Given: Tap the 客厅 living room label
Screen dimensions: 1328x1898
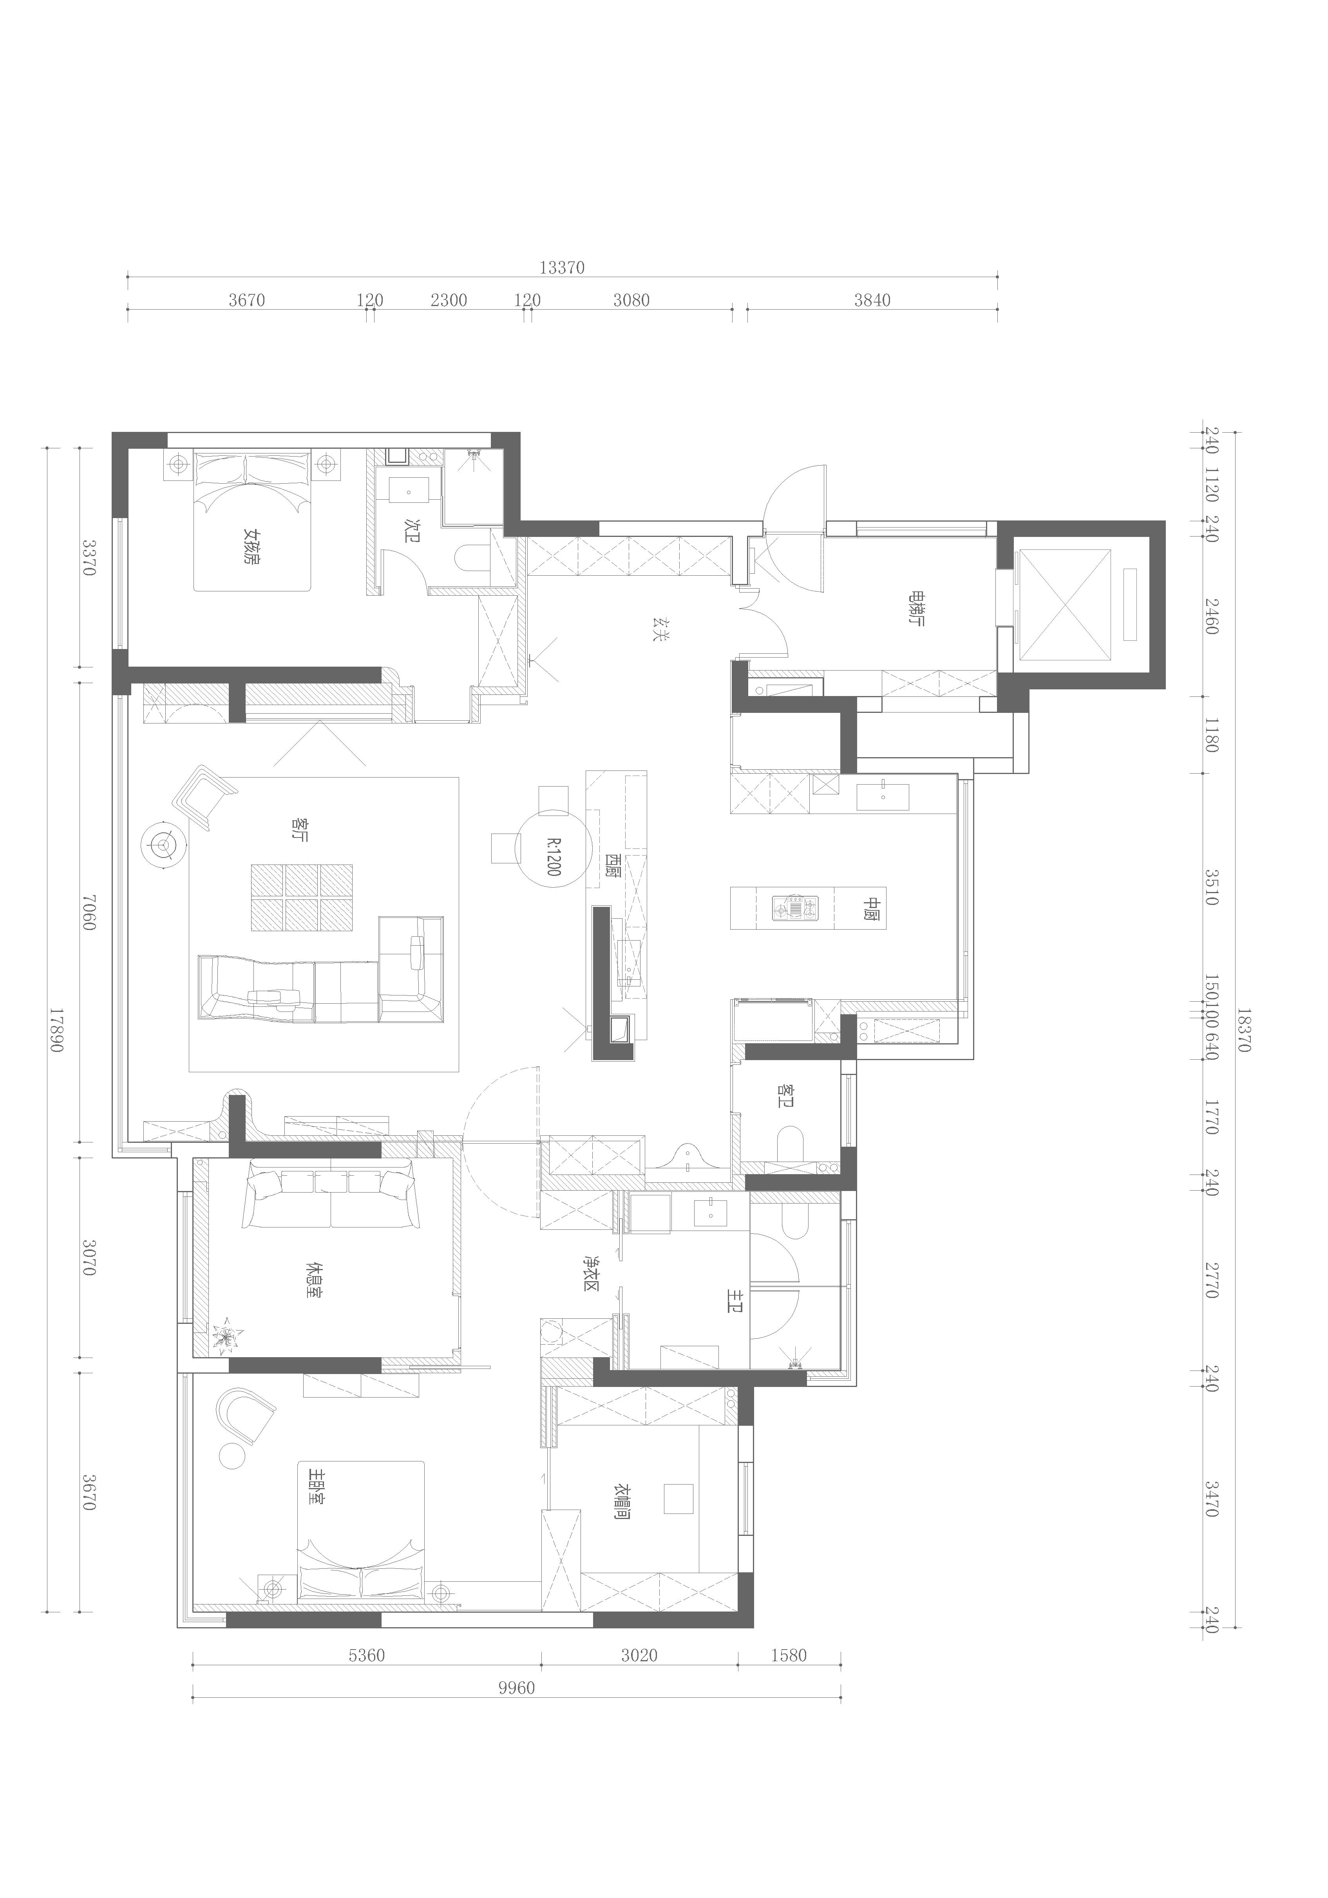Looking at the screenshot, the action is (x=299, y=830).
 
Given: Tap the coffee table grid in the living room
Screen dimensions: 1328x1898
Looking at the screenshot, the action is (x=302, y=898).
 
